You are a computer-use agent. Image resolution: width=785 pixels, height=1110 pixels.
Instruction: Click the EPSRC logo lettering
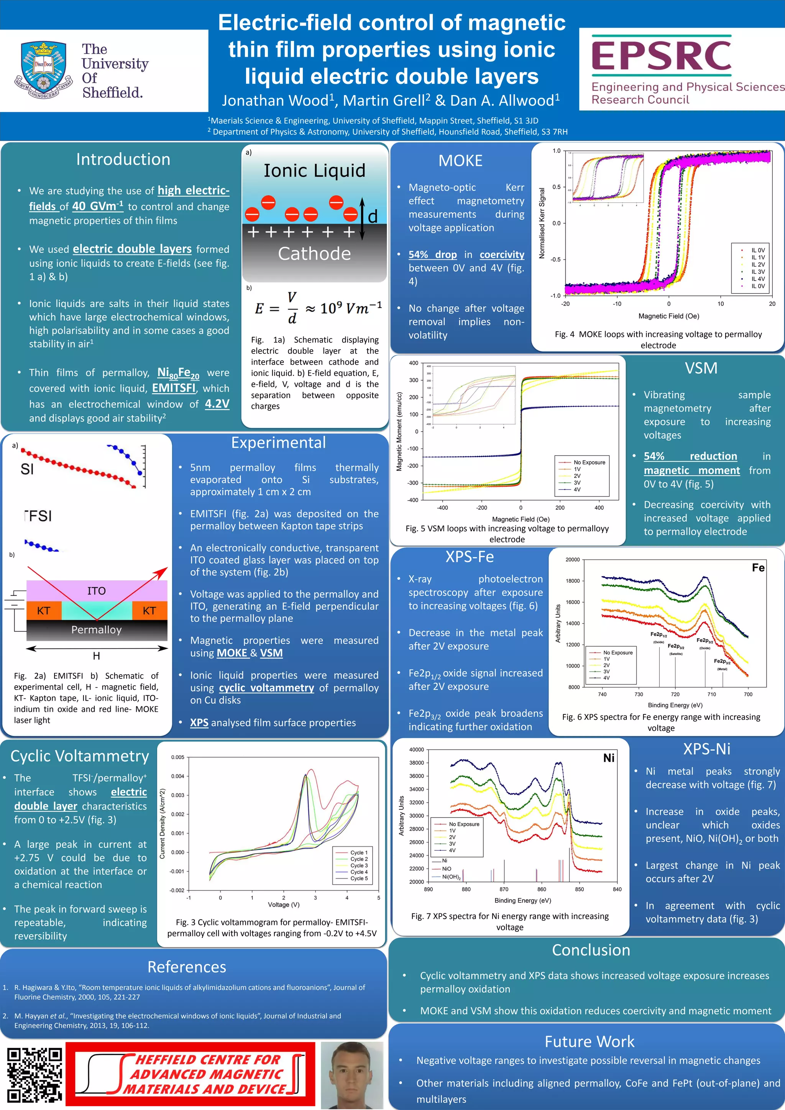pyautogui.click(x=661, y=55)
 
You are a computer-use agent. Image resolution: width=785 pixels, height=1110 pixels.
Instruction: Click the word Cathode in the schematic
pyautogui.click(x=314, y=254)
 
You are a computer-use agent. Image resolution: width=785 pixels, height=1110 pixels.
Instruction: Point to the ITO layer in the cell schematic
pyautogui.click(x=97, y=591)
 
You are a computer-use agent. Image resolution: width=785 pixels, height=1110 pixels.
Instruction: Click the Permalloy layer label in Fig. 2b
pyautogui.click(x=96, y=629)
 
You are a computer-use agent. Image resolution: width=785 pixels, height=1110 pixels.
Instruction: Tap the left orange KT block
pyautogui.click(x=43, y=611)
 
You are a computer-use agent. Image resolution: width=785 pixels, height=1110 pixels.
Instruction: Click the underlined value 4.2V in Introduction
pyautogui.click(x=217, y=404)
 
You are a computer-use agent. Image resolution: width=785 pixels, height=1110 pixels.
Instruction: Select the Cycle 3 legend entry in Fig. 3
pyautogui.click(x=359, y=865)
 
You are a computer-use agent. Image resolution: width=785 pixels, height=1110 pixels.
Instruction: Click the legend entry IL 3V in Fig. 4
pyautogui.click(x=757, y=272)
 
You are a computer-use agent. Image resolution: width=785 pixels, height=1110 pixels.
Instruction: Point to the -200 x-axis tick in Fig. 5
pyautogui.click(x=481, y=507)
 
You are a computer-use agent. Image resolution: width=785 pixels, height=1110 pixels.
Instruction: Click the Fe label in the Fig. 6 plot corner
pyautogui.click(x=758, y=568)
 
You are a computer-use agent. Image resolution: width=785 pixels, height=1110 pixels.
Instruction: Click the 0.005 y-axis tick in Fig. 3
pyautogui.click(x=177, y=757)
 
